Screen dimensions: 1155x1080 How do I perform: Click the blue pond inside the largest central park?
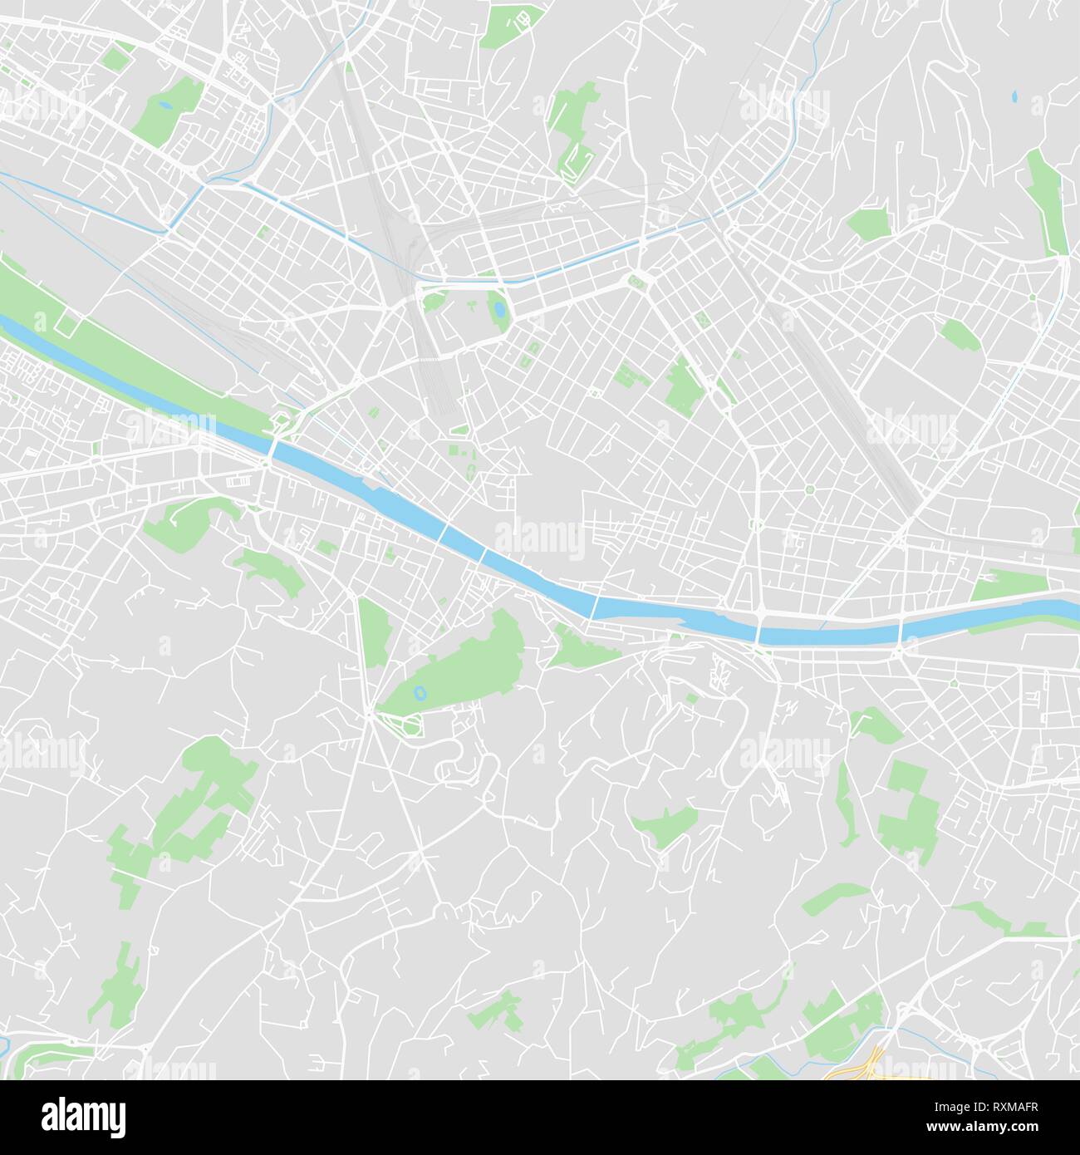tap(420, 691)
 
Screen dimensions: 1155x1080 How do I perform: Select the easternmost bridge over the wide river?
tap(902, 634)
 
